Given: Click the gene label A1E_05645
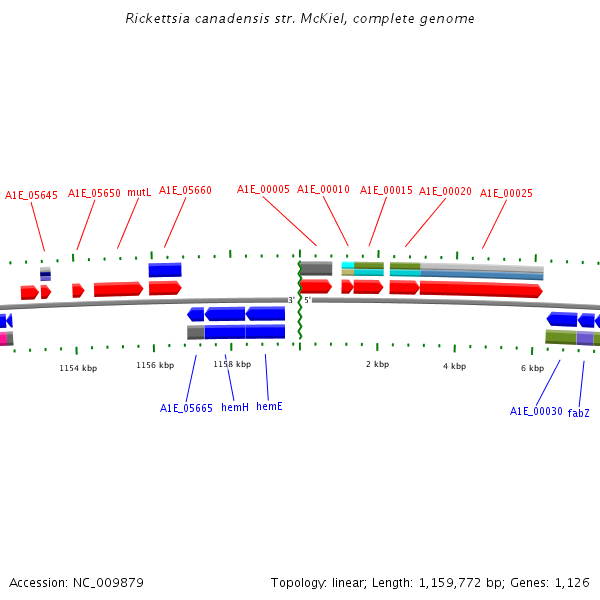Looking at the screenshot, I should [31, 195].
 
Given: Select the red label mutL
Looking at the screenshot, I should [139, 192].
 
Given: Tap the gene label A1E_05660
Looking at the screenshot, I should [185, 190].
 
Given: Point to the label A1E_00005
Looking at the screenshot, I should [263, 189].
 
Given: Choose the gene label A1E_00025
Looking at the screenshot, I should [506, 193].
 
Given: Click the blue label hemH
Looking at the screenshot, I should [235, 407].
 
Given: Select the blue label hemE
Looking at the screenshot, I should [269, 406].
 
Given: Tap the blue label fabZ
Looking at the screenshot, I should [579, 412].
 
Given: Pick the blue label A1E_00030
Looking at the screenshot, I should [536, 411].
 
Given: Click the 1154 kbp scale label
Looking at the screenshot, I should [78, 368].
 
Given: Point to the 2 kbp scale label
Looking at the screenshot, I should [377, 364].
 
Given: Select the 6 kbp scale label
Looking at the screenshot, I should [532, 368].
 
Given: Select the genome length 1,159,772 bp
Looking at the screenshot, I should [464, 582].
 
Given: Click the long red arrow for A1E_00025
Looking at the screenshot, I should [480, 289].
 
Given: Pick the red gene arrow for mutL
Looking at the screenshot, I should [118, 289].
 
